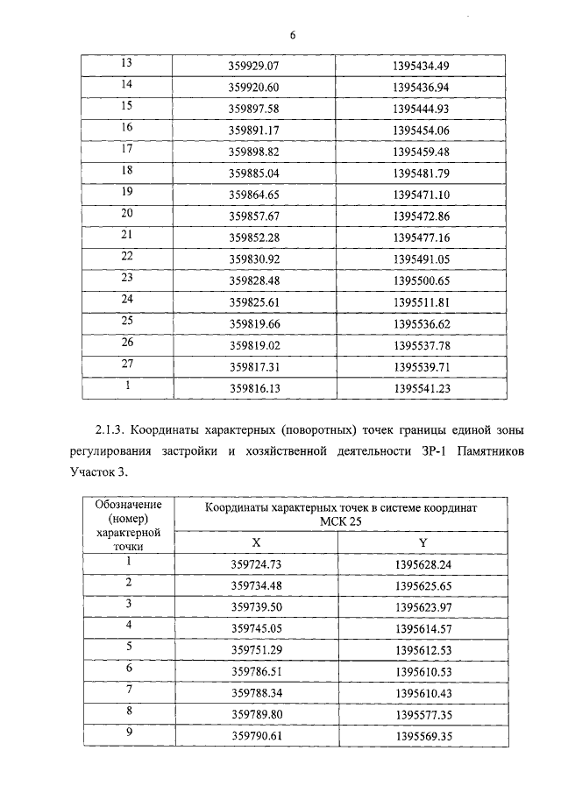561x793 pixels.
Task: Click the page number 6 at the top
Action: pyautogui.click(x=293, y=35)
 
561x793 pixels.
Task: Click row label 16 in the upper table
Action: pyautogui.click(x=125, y=128)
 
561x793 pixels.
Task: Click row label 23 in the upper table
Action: pyautogui.click(x=125, y=278)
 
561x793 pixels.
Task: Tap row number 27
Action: pyautogui.click(x=125, y=363)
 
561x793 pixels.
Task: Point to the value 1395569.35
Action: pyautogui.click(x=423, y=735)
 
